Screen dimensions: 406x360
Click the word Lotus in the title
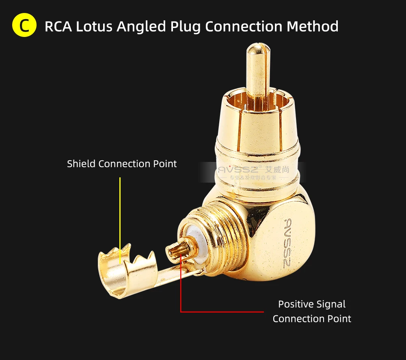[95, 26]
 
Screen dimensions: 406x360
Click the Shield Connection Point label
[122, 164]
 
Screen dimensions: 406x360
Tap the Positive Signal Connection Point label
[312, 311]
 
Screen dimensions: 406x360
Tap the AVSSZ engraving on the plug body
[291, 241]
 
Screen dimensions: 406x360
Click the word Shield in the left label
[81, 164]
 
